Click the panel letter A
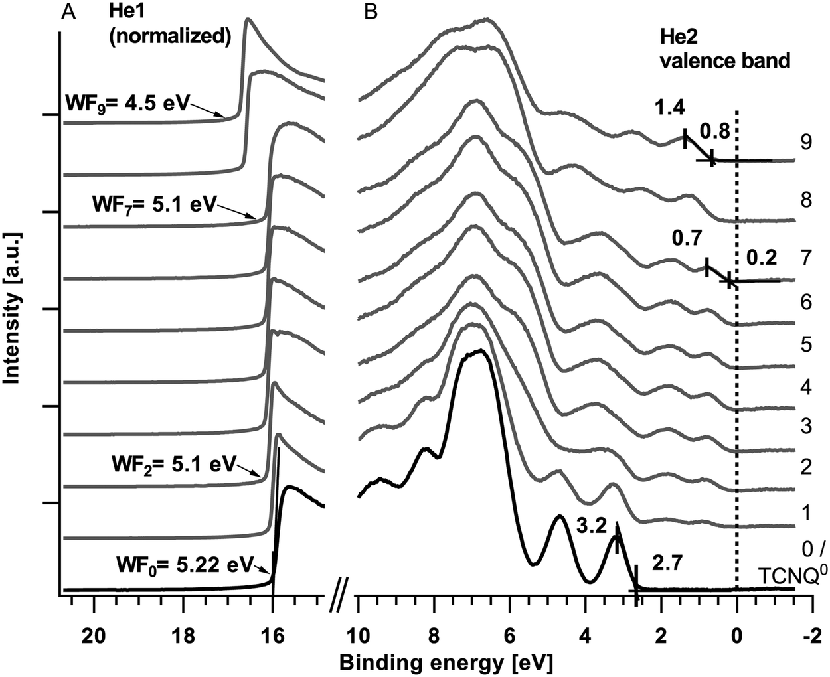(70, 13)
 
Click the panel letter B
(372, 13)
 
